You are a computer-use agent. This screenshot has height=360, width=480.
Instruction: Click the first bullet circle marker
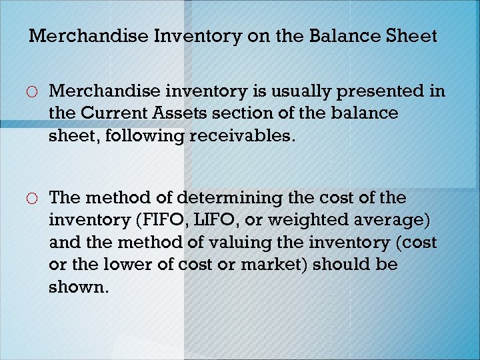pyautogui.click(x=34, y=91)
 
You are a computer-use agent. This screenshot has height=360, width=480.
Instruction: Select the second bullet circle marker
pyautogui.click(x=34, y=199)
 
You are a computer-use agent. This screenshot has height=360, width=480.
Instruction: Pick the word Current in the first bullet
pyautogui.click(x=117, y=113)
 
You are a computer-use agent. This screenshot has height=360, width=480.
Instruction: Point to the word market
pyautogui.click(x=274, y=265)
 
